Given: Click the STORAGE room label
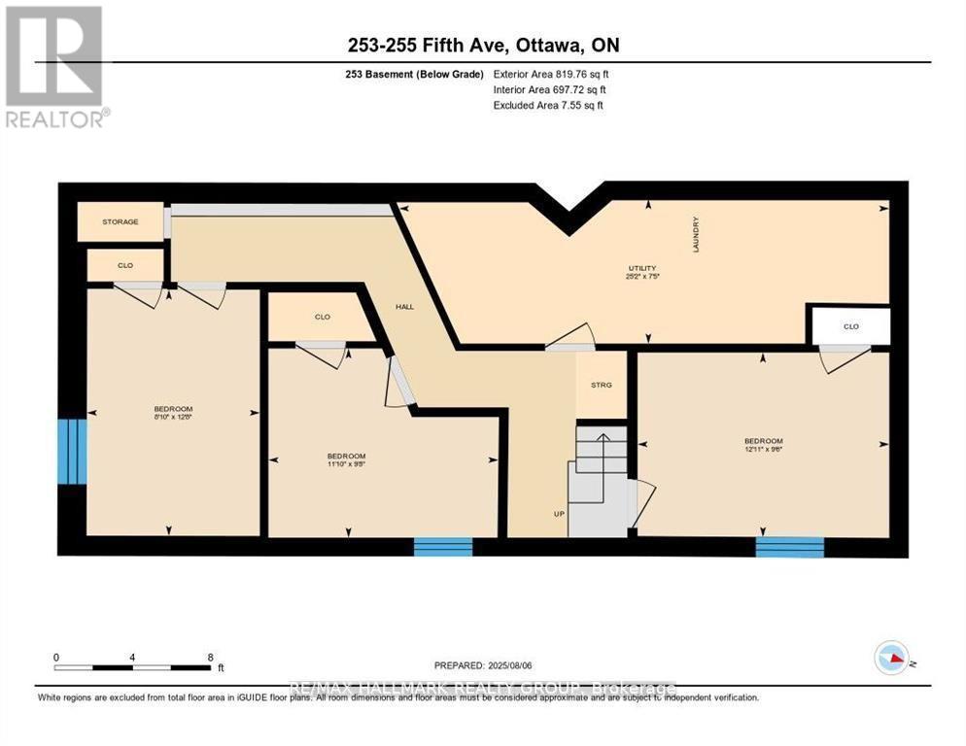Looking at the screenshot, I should [121, 221].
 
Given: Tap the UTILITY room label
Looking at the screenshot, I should [641, 268].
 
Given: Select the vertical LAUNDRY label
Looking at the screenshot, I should [696, 234].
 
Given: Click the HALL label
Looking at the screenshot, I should [404, 306].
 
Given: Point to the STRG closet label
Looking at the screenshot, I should [602, 386].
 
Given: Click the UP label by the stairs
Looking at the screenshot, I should [560, 514].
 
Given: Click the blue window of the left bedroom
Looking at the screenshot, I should [72, 451].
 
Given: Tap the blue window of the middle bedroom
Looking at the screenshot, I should [443, 547].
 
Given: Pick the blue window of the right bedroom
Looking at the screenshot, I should [789, 547].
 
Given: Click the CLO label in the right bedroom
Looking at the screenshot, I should [851, 326].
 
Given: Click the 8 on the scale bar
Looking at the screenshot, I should [210, 657].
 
